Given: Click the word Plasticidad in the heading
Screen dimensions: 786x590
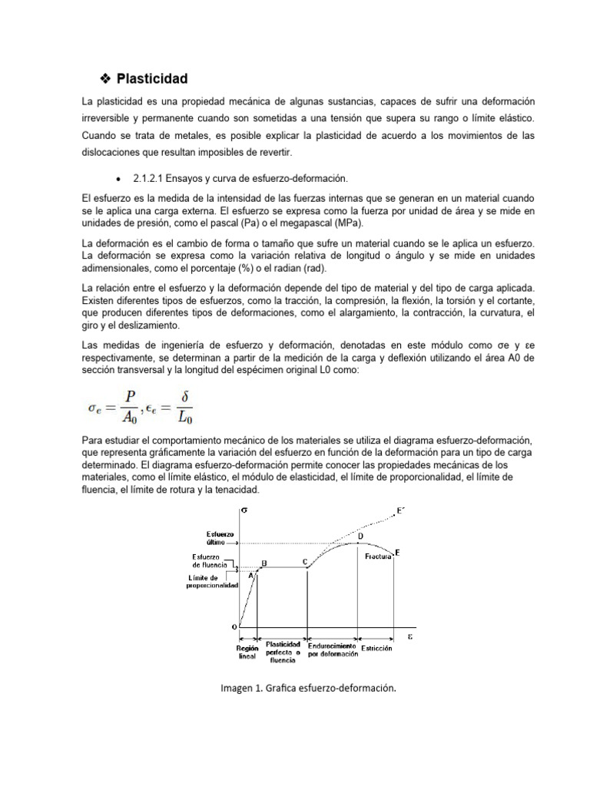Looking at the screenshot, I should point(151,79).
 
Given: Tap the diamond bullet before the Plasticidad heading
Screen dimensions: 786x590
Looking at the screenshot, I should point(106,79).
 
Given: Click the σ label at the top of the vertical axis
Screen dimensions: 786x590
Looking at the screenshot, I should point(244,510).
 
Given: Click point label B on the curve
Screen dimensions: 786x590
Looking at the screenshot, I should point(264,563).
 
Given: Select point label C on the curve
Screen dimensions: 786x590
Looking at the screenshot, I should point(306,562).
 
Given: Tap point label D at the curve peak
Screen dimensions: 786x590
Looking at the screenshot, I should point(360,535).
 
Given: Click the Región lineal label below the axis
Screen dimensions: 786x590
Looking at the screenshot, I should point(247,652).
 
